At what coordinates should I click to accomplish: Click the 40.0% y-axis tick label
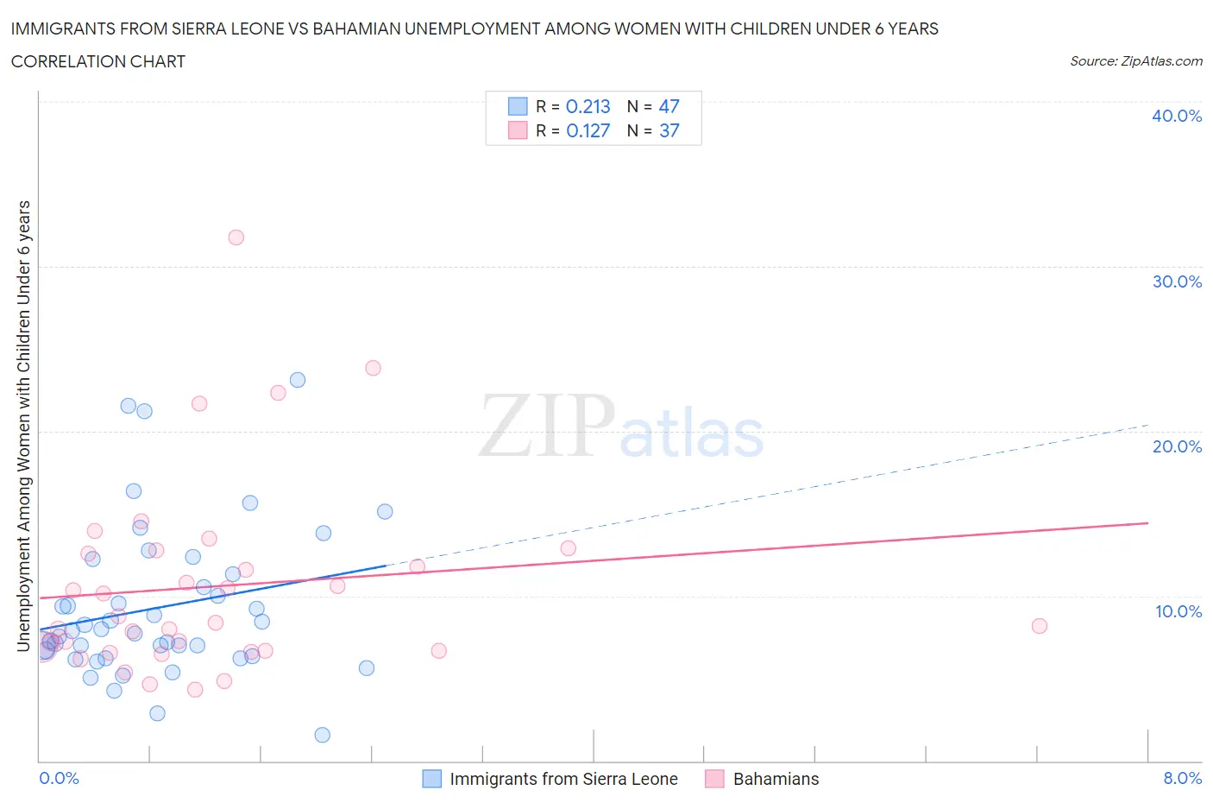1176,116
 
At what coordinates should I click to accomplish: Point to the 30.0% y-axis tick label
1176,281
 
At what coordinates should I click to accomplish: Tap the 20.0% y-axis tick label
1176,446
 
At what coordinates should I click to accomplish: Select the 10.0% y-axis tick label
1178,611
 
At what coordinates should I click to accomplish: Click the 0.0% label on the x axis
59,778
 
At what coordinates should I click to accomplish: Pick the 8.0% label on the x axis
1182,778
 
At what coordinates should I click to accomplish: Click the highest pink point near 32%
236,237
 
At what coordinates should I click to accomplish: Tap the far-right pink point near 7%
1040,626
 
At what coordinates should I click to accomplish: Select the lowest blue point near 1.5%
323,735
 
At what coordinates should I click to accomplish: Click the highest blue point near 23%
298,380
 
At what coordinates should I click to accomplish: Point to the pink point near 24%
373,368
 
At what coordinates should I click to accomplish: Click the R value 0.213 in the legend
588,106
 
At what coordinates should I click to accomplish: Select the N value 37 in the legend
669,130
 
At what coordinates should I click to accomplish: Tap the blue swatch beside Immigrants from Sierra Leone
431,779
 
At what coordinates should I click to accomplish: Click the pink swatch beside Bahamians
714,779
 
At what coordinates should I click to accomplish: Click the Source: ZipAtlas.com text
1135,61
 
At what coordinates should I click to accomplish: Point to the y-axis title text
24,426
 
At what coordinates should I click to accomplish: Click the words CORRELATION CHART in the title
98,61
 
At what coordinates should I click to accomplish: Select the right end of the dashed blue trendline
1147,425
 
